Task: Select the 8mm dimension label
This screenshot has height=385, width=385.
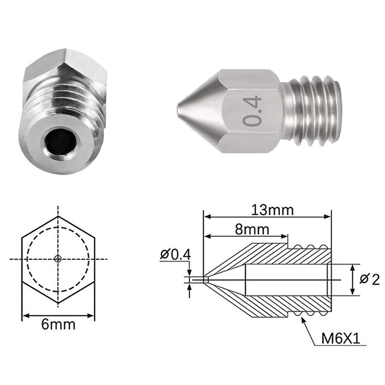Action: (252, 229)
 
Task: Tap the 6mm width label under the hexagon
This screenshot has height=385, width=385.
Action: (58, 324)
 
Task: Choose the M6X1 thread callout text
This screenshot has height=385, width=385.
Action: (342, 339)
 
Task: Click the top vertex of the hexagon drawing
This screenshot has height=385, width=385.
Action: (58, 216)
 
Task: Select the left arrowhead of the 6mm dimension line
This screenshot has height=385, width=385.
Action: (26, 316)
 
